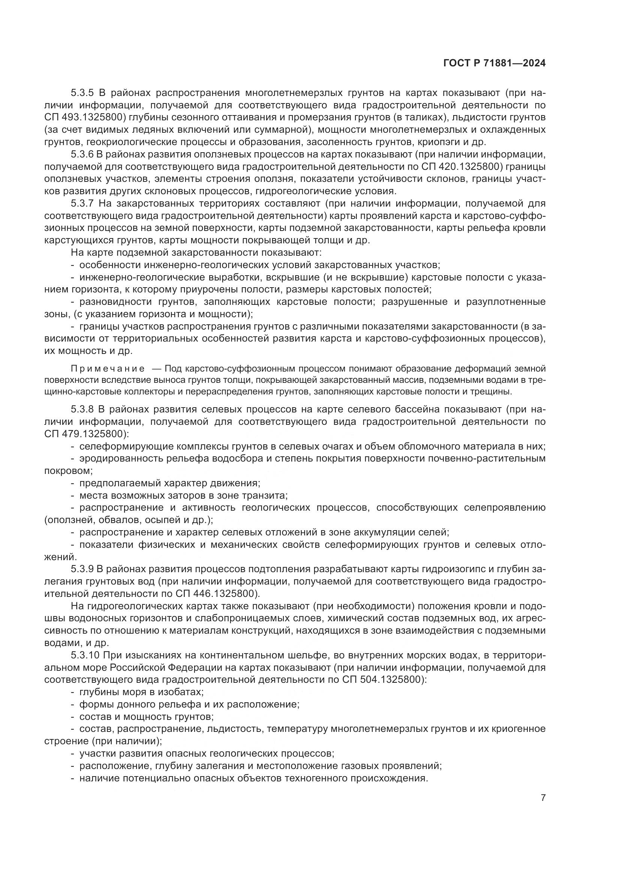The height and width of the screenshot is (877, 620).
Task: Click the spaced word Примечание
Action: (108, 369)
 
